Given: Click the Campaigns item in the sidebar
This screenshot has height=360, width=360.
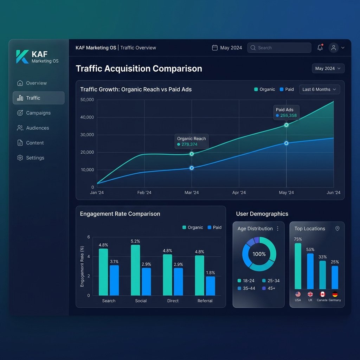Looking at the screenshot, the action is tap(34, 113).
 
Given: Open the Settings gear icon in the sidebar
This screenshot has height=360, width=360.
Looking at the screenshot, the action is tap(20, 158).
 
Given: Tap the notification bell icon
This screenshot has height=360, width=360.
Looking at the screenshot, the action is tap(320, 47).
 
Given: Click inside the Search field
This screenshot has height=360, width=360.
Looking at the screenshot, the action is tap(279, 48).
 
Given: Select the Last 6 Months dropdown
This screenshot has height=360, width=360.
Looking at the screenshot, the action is tap(319, 90).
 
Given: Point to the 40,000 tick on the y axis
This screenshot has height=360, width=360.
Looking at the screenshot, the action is tap(87, 117).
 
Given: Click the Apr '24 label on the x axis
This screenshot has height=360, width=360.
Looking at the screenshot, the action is tap(239, 193).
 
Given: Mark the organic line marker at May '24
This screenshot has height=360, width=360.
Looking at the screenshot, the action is tap(286, 125).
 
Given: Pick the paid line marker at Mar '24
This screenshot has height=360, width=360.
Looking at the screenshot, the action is tap(192, 168).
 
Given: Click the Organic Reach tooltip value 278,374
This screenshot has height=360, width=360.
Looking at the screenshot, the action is tap(189, 144).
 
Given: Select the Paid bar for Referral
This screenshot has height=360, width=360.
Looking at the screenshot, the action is tap(210, 286).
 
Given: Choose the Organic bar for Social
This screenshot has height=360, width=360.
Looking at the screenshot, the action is tap(135, 270).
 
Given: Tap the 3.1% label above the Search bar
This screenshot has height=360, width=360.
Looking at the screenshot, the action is tap(114, 262).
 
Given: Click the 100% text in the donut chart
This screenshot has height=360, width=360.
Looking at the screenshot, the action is tap(259, 254).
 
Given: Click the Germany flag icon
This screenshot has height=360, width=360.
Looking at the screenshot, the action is tap(335, 294).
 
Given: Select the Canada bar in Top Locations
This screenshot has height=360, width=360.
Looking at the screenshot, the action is tap(323, 275).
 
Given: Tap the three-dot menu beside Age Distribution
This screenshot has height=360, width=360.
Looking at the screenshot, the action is tap(278, 229).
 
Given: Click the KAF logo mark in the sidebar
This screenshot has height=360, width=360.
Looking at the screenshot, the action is tap(22, 57).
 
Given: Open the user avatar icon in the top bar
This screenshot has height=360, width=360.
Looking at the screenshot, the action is tap(334, 48).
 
